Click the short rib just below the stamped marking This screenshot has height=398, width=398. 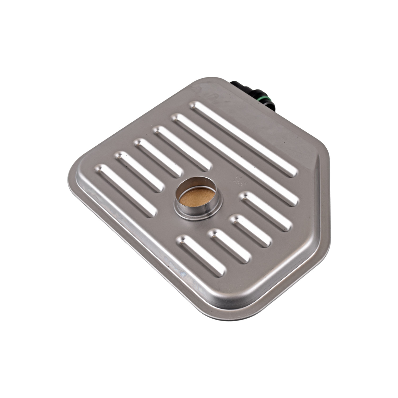pyautogui.click(x=265, y=211)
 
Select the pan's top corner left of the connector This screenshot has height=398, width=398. pyautogui.click(x=204, y=80)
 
